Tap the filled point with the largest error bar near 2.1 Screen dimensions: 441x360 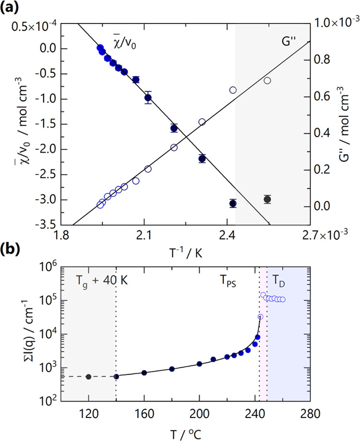148,97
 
